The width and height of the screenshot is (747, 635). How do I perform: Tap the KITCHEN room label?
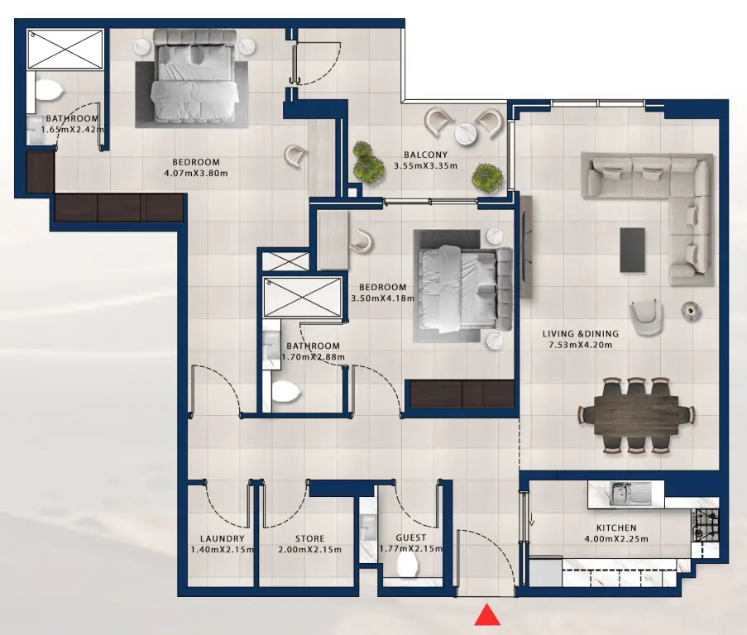tap(616, 528)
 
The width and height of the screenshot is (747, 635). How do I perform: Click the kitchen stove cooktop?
tap(706, 523)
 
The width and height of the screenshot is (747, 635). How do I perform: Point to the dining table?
tap(634, 415)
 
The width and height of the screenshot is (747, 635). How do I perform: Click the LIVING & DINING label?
tap(580, 334)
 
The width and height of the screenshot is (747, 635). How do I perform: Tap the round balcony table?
tap(465, 132)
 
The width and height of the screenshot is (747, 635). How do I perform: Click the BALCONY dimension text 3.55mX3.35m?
tap(426, 166)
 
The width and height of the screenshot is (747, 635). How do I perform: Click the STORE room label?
tap(310, 538)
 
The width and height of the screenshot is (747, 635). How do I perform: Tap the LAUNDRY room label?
tap(221, 538)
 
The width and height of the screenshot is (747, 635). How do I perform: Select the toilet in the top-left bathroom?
tap(49, 90)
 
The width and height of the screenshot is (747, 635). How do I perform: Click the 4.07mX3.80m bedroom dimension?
tap(195, 174)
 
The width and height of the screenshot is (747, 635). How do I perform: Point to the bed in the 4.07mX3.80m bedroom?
tap(197, 79)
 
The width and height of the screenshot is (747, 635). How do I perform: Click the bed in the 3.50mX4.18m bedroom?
tap(460, 284)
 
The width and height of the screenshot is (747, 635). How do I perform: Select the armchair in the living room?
tap(645, 317)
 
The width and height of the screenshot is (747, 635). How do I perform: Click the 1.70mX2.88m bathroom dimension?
tap(313, 357)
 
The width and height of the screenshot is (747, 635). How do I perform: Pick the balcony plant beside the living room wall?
tap(486, 176)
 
